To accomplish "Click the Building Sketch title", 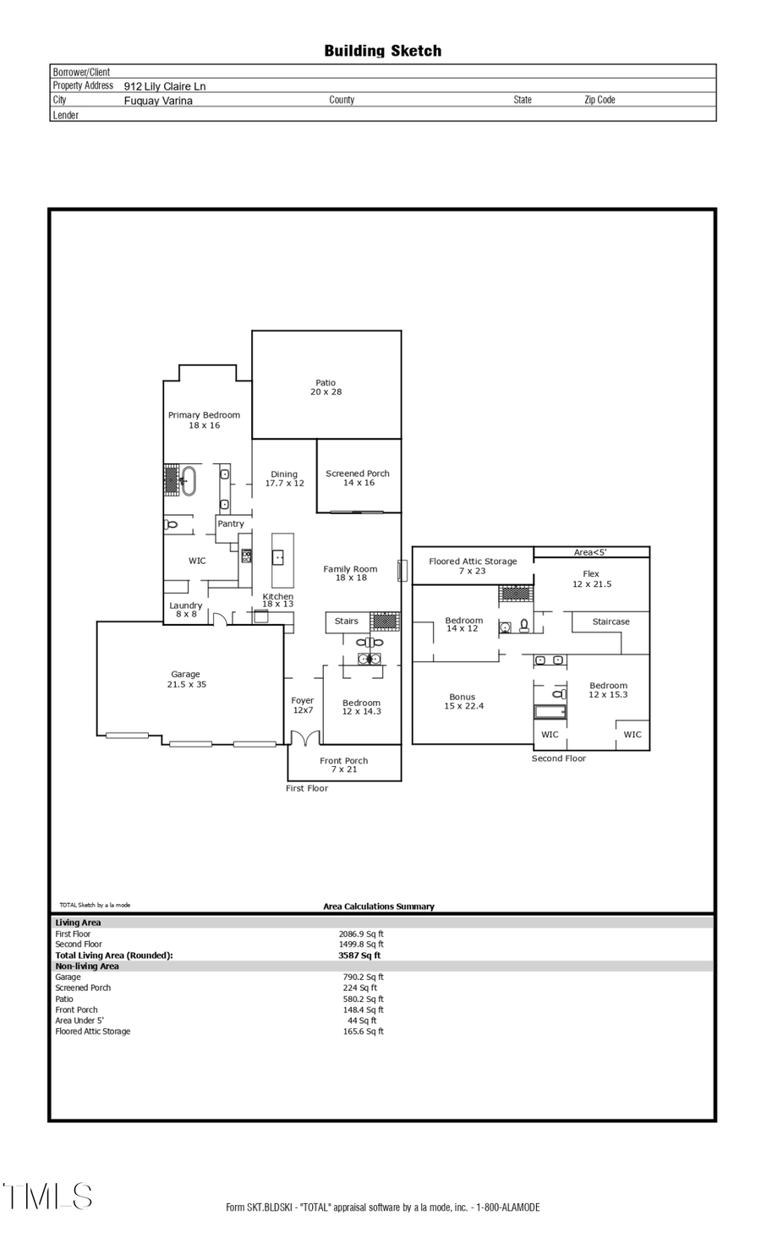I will [x=382, y=51].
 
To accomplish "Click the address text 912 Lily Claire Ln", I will [x=165, y=86].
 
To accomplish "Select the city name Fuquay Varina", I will [x=158, y=101].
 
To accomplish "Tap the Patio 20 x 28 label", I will [x=326, y=387].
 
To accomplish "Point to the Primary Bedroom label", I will [x=204, y=419].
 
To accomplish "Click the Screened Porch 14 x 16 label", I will [x=358, y=478].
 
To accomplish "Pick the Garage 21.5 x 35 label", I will [x=186, y=679].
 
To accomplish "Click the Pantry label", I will [x=230, y=523].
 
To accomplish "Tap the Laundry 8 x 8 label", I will [x=186, y=610].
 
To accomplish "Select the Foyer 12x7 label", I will [x=303, y=705].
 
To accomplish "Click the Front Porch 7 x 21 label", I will [x=343, y=764].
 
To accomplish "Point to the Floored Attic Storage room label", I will [x=473, y=566].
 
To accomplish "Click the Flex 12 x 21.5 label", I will [x=591, y=578].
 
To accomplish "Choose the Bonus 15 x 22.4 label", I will [x=463, y=701].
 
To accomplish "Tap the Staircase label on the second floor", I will [x=610, y=622].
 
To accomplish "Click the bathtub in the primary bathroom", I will [x=188, y=480].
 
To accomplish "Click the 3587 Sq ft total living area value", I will [x=359, y=956].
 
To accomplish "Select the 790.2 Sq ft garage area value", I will [x=363, y=977].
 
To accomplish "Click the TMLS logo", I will [x=47, y=1196].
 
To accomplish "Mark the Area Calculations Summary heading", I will [x=378, y=906].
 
